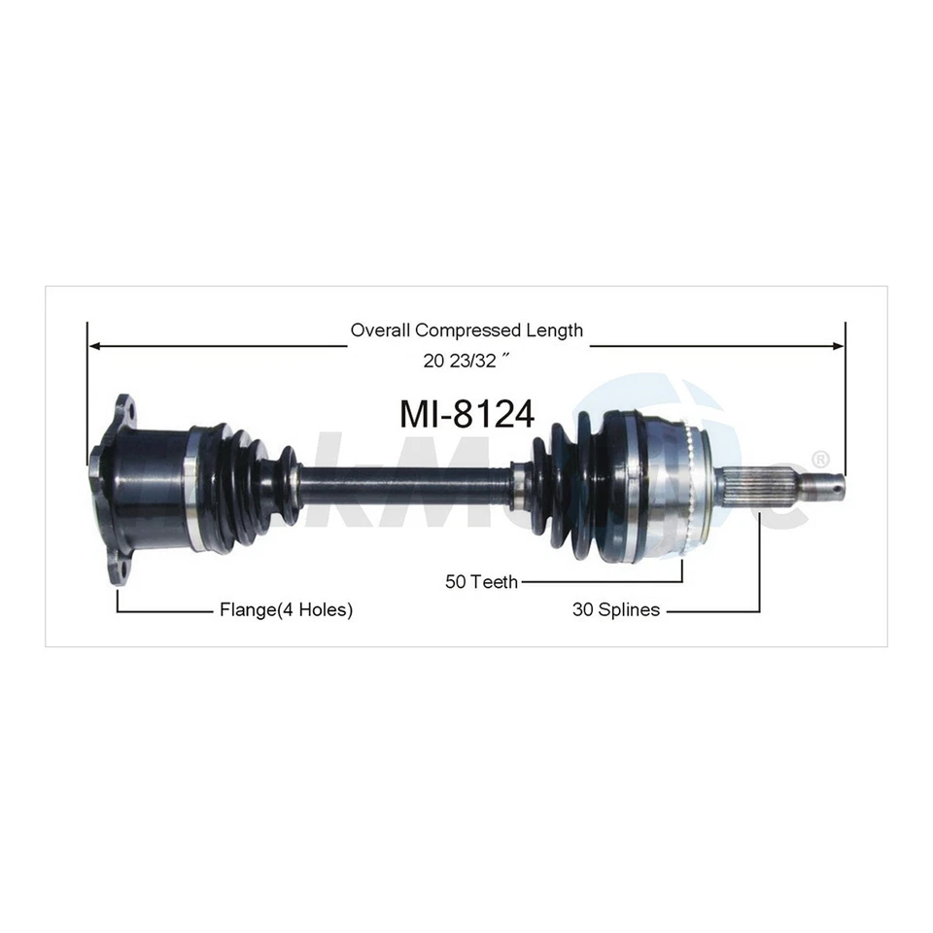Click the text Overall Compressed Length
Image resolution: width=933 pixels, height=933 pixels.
click(x=466, y=330)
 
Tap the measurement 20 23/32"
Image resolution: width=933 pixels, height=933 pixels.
click(x=466, y=361)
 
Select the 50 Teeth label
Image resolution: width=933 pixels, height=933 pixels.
click(x=481, y=582)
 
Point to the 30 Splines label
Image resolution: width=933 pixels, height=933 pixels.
click(x=615, y=610)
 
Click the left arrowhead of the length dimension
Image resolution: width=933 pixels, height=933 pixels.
click(x=94, y=345)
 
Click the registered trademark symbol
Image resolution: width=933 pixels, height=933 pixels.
click(x=820, y=458)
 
